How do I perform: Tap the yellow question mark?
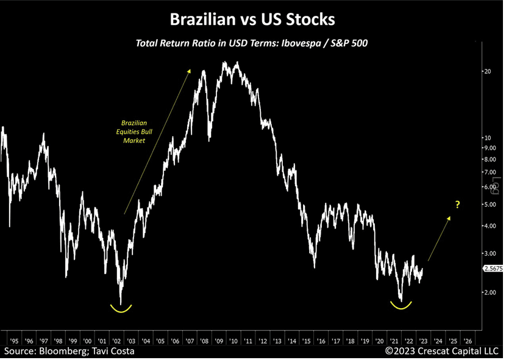(457, 204)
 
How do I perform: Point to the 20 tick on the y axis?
(486, 71)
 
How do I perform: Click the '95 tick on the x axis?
(13, 340)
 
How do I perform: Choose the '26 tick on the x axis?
(467, 340)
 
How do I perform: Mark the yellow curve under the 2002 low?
(121, 309)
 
